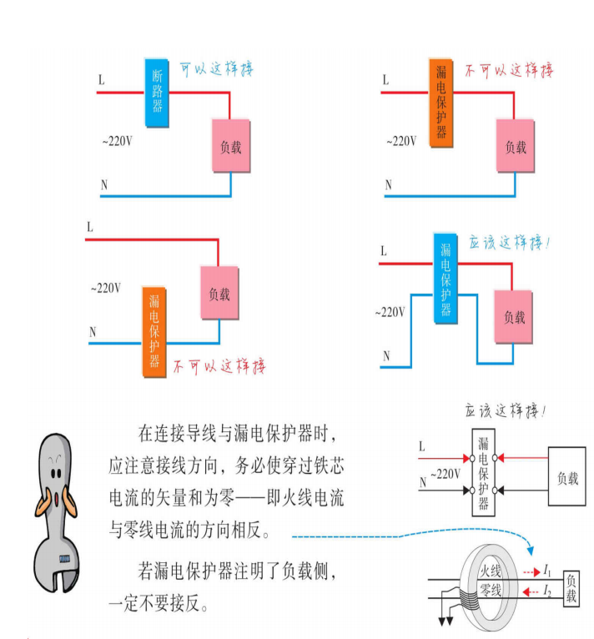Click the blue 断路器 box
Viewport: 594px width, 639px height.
point(156,92)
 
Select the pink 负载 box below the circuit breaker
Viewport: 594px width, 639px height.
point(230,147)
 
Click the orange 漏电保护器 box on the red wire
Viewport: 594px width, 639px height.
point(440,103)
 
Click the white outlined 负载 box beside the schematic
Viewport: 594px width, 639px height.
point(567,478)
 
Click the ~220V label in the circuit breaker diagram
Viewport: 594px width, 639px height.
point(117,142)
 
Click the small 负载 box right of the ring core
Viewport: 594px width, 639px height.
point(571,588)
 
